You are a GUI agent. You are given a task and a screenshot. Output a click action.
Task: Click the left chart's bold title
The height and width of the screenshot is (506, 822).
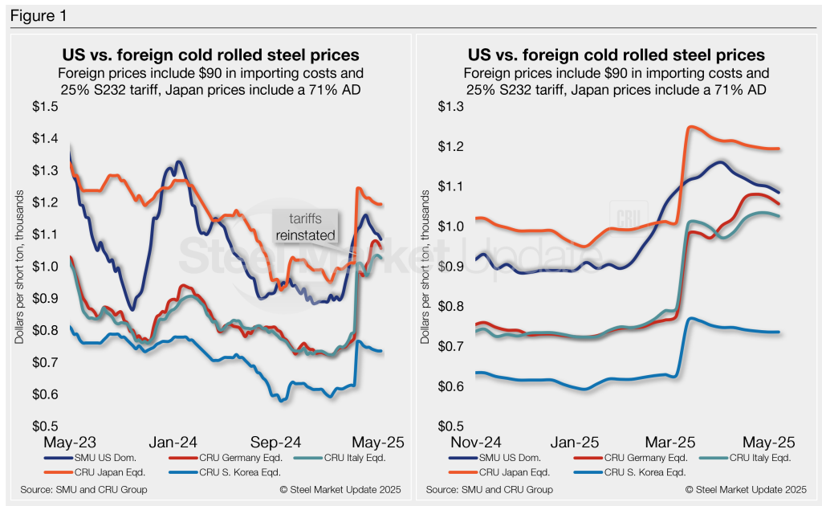[210, 55]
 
